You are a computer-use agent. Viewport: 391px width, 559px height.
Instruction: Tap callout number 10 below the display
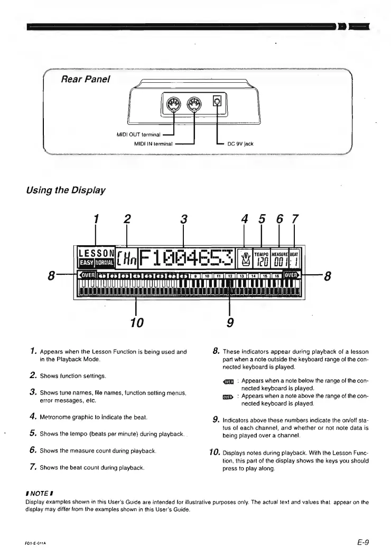point(137,321)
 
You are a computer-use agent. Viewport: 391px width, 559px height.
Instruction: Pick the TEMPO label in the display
point(262,253)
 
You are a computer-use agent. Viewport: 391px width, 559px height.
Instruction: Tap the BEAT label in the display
point(294,253)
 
